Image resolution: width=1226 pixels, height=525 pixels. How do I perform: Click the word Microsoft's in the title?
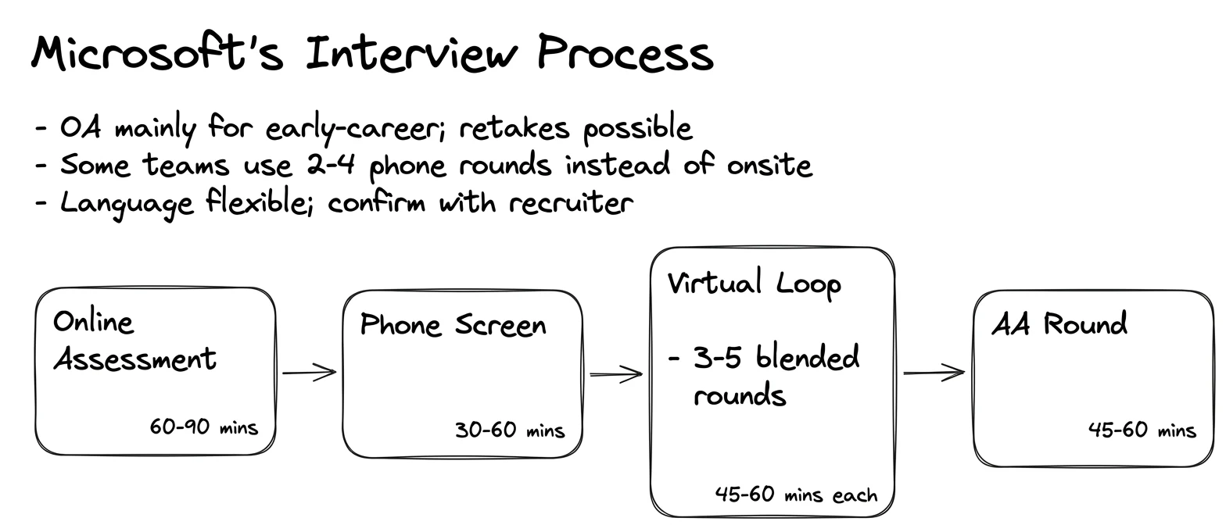pyautogui.click(x=158, y=53)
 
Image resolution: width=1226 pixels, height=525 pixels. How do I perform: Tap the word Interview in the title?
pyautogui.click(x=411, y=53)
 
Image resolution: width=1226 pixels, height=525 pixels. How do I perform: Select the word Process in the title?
pyautogui.click(x=625, y=53)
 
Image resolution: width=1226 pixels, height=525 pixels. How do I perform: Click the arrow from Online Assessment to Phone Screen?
pyautogui.click(x=309, y=373)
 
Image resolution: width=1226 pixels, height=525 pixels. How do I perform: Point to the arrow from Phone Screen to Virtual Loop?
pyautogui.click(x=616, y=374)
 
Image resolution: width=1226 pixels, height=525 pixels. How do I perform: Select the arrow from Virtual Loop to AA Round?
pyautogui.click(x=934, y=373)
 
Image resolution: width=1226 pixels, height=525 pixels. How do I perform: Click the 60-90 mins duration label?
pyautogui.click(x=203, y=427)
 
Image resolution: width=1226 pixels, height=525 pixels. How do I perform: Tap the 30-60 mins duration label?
pyautogui.click(x=510, y=430)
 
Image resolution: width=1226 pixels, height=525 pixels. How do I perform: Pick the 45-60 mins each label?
pyautogui.click(x=796, y=495)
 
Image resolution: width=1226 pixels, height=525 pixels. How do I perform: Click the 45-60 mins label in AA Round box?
pyautogui.click(x=1142, y=430)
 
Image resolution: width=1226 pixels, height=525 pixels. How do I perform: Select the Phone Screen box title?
pyautogui.click(x=453, y=325)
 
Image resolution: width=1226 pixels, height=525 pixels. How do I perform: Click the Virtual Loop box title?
pyautogui.click(x=755, y=284)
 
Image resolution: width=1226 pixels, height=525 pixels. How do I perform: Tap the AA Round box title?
pyautogui.click(x=1059, y=323)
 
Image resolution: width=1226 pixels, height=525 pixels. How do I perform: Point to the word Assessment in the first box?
pyautogui.click(x=134, y=359)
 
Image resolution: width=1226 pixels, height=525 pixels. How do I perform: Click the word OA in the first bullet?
pyautogui.click(x=81, y=128)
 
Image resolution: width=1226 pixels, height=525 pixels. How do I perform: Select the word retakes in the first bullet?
pyautogui.click(x=514, y=128)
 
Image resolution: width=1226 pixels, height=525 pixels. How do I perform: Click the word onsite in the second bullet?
pyautogui.click(x=769, y=165)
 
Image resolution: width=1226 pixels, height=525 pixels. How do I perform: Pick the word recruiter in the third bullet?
pyautogui.click(x=571, y=203)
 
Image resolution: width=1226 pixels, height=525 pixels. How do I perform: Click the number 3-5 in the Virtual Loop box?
pyautogui.click(x=718, y=358)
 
